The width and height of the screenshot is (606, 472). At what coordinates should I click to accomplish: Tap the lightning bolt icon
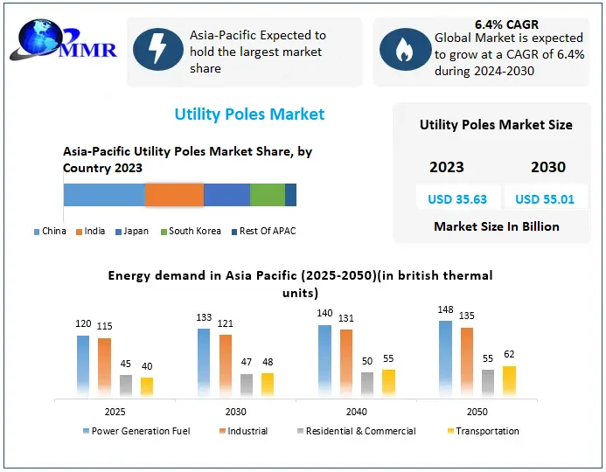point(157,51)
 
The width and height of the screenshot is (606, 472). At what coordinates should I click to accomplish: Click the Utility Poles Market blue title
point(249,115)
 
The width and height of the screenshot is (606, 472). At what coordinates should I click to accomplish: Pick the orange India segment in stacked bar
point(174,195)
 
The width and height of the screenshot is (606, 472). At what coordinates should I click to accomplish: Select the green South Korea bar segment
point(268,195)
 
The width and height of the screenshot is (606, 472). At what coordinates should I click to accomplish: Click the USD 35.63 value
point(451,199)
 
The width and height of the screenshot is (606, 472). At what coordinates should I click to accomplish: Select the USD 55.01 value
point(545,199)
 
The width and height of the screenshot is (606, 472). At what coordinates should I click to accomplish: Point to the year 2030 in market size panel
point(547,167)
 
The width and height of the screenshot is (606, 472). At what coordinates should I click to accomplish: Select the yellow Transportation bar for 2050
point(509,380)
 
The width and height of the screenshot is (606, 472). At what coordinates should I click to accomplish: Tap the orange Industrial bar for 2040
point(346,363)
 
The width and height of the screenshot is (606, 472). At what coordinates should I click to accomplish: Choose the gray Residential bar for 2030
point(247,385)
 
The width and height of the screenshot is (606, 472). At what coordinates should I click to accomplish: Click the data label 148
point(446,310)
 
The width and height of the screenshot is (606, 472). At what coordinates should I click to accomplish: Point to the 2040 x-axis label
point(356,411)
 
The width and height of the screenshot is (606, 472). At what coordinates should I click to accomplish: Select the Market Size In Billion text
point(496,226)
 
